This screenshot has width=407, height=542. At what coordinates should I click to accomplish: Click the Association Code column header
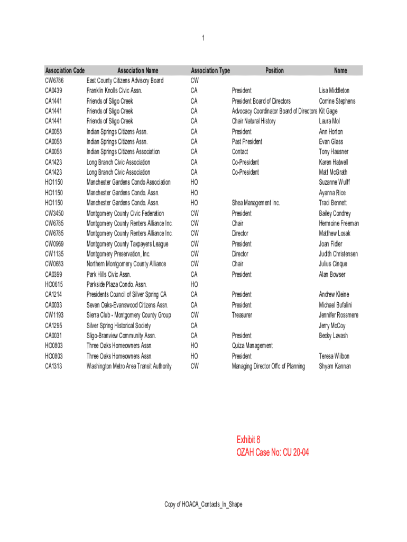pyautogui.click(x=65, y=70)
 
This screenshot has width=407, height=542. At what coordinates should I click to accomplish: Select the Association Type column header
pyautogui.click(x=210, y=70)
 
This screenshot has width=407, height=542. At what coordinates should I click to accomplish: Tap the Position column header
pyautogui.click(x=274, y=70)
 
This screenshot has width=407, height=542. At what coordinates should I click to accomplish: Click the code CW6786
pyautogui.click(x=54, y=80)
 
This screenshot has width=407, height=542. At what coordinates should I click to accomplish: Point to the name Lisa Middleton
pyautogui.click(x=334, y=91)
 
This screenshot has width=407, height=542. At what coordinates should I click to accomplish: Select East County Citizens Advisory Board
pyautogui.click(x=125, y=80)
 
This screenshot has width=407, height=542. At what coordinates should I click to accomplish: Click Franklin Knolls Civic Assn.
pyautogui.click(x=114, y=91)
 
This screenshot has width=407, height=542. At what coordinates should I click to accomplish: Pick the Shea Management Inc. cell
pyautogui.click(x=256, y=203)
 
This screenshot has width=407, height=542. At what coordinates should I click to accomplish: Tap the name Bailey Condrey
pyautogui.click(x=335, y=213)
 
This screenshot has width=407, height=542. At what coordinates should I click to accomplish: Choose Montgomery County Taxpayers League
pyautogui.click(x=127, y=244)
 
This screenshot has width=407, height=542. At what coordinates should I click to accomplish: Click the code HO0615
pyautogui.click(x=54, y=284)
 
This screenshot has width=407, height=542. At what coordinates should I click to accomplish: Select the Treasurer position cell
pyautogui.click(x=242, y=315)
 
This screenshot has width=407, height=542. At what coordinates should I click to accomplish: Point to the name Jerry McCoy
pyautogui.click(x=332, y=326)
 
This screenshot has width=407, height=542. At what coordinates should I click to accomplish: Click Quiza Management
pyautogui.click(x=252, y=346)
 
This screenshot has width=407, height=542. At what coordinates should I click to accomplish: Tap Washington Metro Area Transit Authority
pyautogui.click(x=129, y=366)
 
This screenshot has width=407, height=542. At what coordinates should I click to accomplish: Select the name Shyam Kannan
pyautogui.click(x=335, y=366)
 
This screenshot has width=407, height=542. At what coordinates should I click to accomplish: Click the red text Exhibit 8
pyautogui.click(x=248, y=440)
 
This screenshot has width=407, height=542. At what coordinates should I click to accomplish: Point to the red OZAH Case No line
pyautogui.click(x=273, y=453)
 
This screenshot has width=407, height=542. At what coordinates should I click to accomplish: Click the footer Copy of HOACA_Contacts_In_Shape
pyautogui.click(x=203, y=504)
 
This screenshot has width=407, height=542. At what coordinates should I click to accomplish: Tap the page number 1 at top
pyautogui.click(x=203, y=38)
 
